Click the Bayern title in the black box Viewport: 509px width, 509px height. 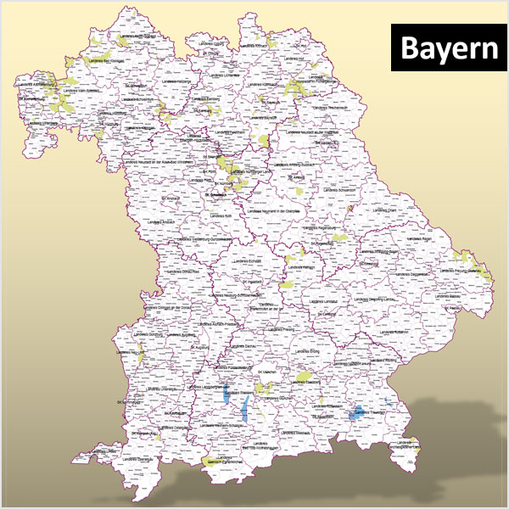[x=449, y=48]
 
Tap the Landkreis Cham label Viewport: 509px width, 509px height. [x=383, y=209]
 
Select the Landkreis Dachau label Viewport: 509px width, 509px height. [x=247, y=348]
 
